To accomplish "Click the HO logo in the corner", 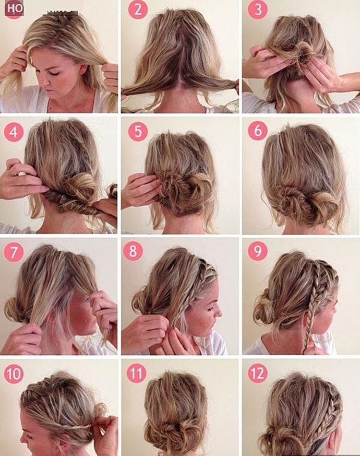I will click(x=14, y=9).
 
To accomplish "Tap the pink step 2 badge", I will click(x=137, y=10).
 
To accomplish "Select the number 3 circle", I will click(x=258, y=10).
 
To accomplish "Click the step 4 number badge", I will click(x=14, y=131).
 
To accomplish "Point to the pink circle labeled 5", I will click(x=137, y=131).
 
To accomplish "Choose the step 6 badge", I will click(x=258, y=130).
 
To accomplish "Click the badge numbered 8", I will click(x=133, y=251).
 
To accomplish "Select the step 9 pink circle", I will click(x=258, y=251).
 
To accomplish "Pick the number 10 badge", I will click(x=14, y=373).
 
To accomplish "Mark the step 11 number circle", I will click(x=137, y=373).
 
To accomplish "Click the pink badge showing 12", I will click(x=258, y=373).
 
